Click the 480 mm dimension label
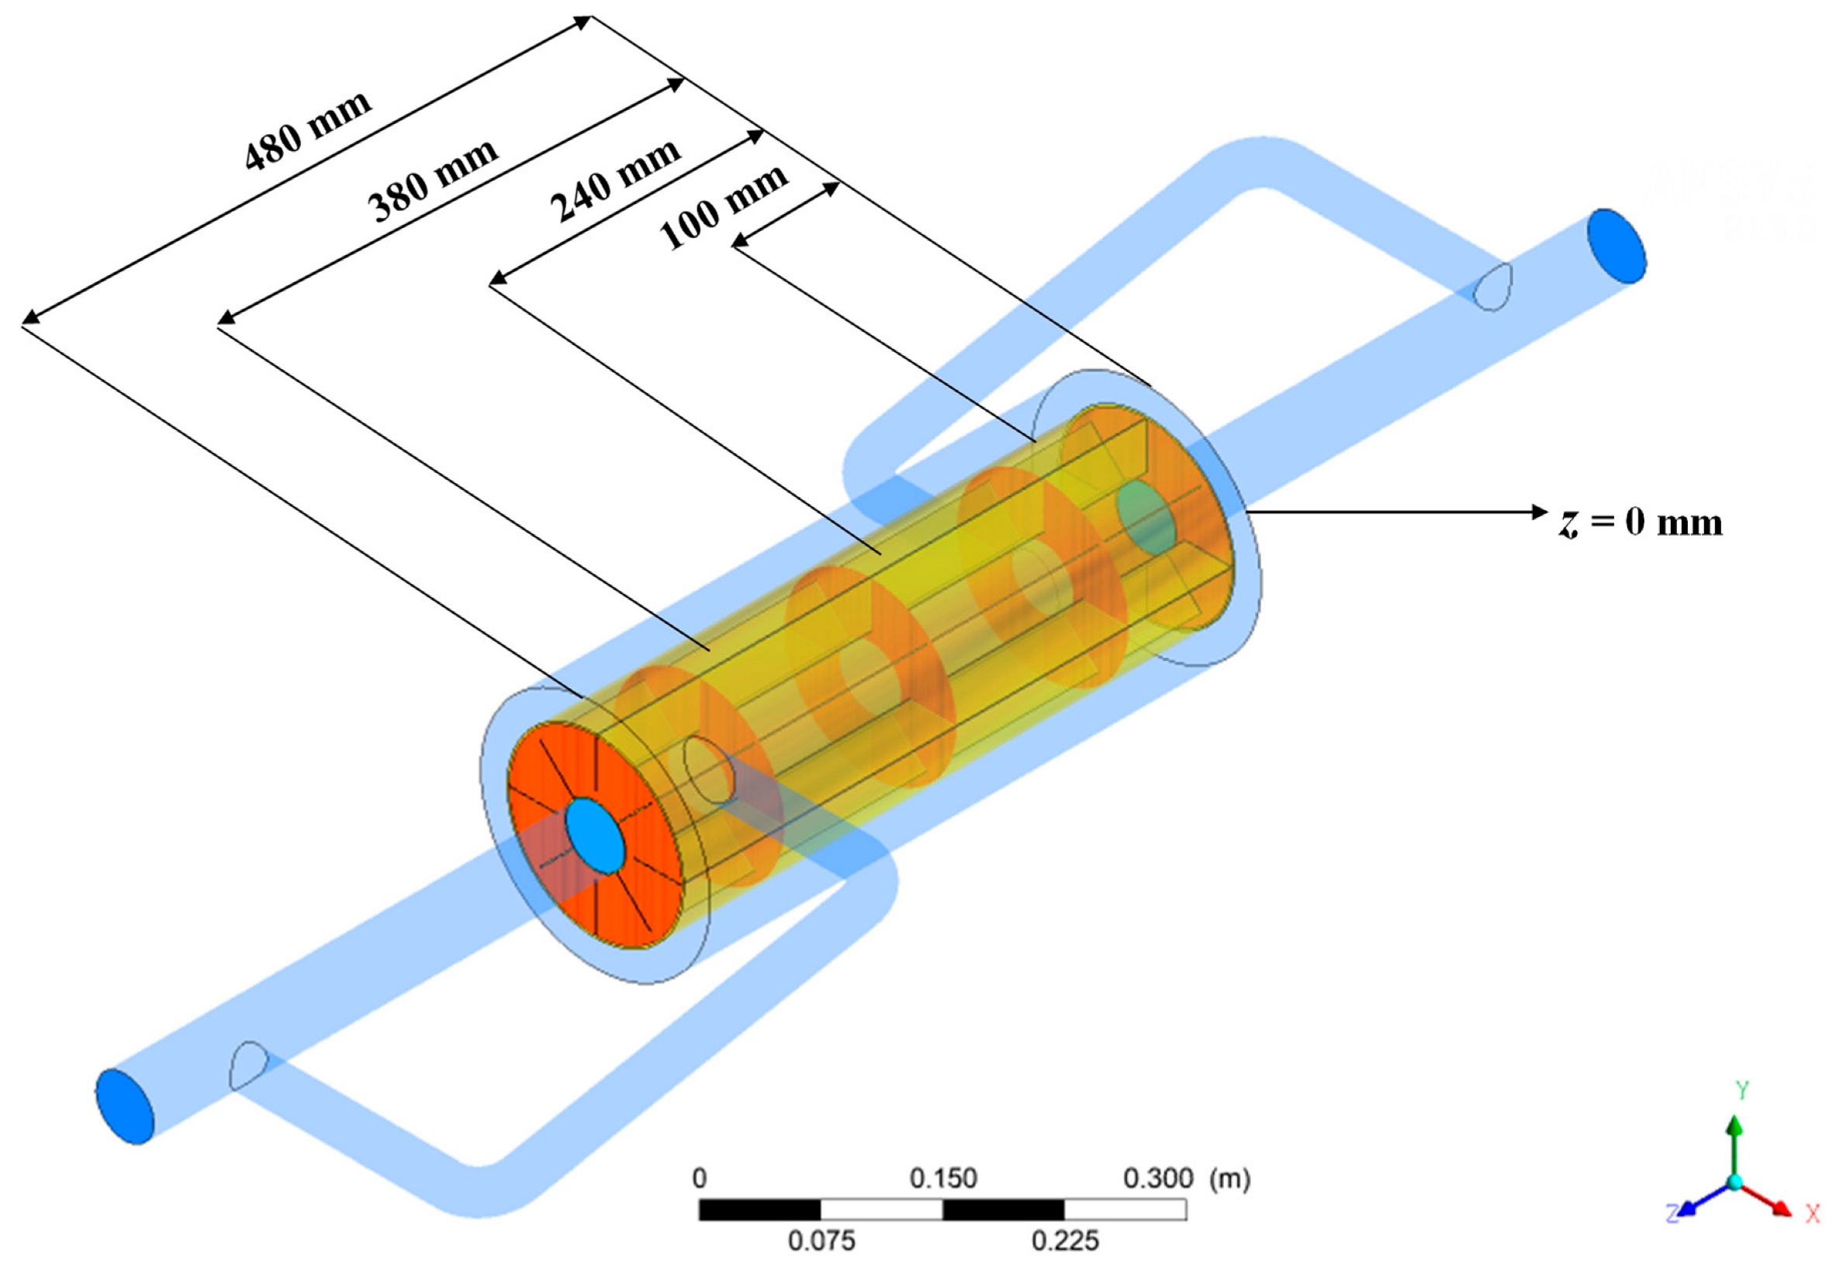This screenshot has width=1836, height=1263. tap(307, 131)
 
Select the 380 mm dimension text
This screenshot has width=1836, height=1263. tap(432, 181)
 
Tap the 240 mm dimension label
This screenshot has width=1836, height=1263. tap(614, 181)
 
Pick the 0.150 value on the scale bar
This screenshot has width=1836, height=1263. tap(942, 1178)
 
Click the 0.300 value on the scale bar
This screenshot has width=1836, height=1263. tap(1157, 1178)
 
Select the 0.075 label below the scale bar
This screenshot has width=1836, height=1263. tap(821, 1240)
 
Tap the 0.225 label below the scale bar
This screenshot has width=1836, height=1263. tap(1065, 1240)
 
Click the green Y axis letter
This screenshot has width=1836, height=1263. tap(1742, 1090)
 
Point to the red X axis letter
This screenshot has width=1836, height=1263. tap(1812, 1213)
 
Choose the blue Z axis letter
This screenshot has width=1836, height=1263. tap(1672, 1213)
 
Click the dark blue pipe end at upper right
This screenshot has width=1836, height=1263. tap(1616, 245)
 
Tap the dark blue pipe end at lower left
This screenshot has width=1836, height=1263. tap(124, 1106)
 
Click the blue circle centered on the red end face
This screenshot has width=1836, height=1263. tap(595, 836)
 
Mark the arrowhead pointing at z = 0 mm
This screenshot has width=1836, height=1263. tap(1539, 512)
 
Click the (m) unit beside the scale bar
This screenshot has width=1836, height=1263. tap(1229, 1178)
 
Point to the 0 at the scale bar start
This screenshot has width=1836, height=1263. tap(699, 1178)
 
